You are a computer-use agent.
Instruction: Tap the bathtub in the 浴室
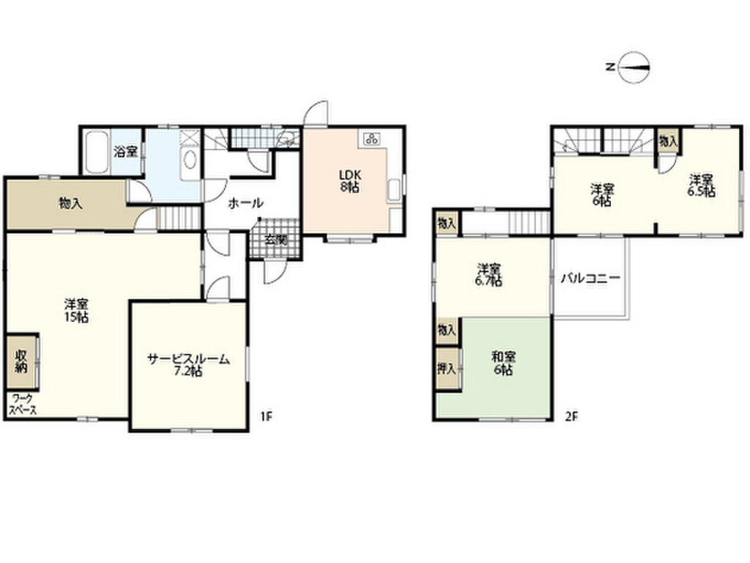pos(96,152)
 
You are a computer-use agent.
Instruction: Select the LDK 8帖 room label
pos(348,180)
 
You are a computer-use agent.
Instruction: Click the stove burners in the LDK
pos(371,139)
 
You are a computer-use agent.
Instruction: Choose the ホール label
pos(245,203)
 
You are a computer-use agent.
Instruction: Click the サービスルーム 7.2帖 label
pos(189,364)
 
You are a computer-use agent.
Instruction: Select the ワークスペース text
pos(23,404)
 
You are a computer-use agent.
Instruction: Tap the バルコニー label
pos(590,279)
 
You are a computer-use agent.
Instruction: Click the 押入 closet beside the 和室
pos(446,369)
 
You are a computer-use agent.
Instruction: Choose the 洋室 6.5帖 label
pos(701,184)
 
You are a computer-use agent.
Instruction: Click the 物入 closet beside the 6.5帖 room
pos(667,140)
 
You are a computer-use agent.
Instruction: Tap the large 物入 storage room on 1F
pos(70,204)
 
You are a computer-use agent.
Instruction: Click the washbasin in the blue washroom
pos(189,161)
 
